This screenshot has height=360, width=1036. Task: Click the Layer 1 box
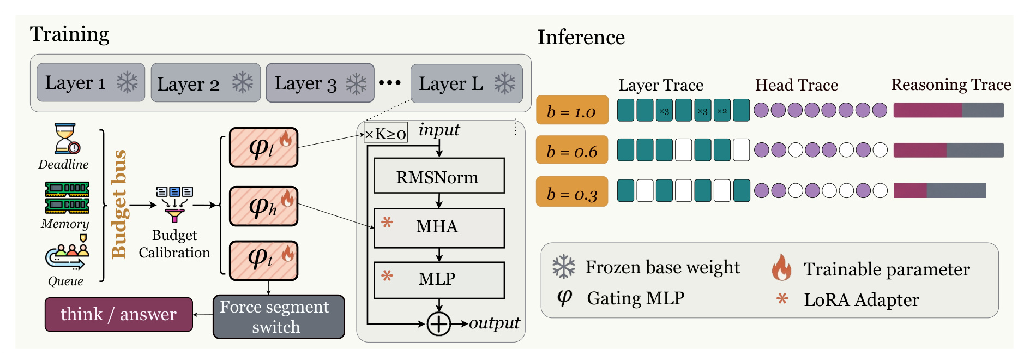coord(91,82)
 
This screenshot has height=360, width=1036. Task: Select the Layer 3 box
coord(320,83)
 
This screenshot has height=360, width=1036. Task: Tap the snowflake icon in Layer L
coord(505,83)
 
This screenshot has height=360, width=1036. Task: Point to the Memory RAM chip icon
coord(67,197)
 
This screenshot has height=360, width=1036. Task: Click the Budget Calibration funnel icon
coord(174,204)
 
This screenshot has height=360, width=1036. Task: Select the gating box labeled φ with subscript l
coord(263,147)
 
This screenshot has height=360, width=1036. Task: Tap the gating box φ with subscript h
coord(263,206)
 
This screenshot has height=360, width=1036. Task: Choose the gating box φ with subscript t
coord(263,260)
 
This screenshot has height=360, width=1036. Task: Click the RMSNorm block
coord(439,176)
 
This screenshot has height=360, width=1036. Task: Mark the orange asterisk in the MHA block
coord(387,223)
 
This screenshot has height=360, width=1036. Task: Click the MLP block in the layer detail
coord(439,280)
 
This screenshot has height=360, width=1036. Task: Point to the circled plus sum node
coord(438,324)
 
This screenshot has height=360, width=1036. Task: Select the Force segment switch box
coord(279,317)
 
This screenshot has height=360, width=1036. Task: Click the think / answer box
coord(119,314)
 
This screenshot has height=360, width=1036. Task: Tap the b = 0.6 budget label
coord(572,150)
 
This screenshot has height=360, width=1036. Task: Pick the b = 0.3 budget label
coord(572,191)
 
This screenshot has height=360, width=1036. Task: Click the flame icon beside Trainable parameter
coord(781,267)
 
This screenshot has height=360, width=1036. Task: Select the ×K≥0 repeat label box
coord(386,133)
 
